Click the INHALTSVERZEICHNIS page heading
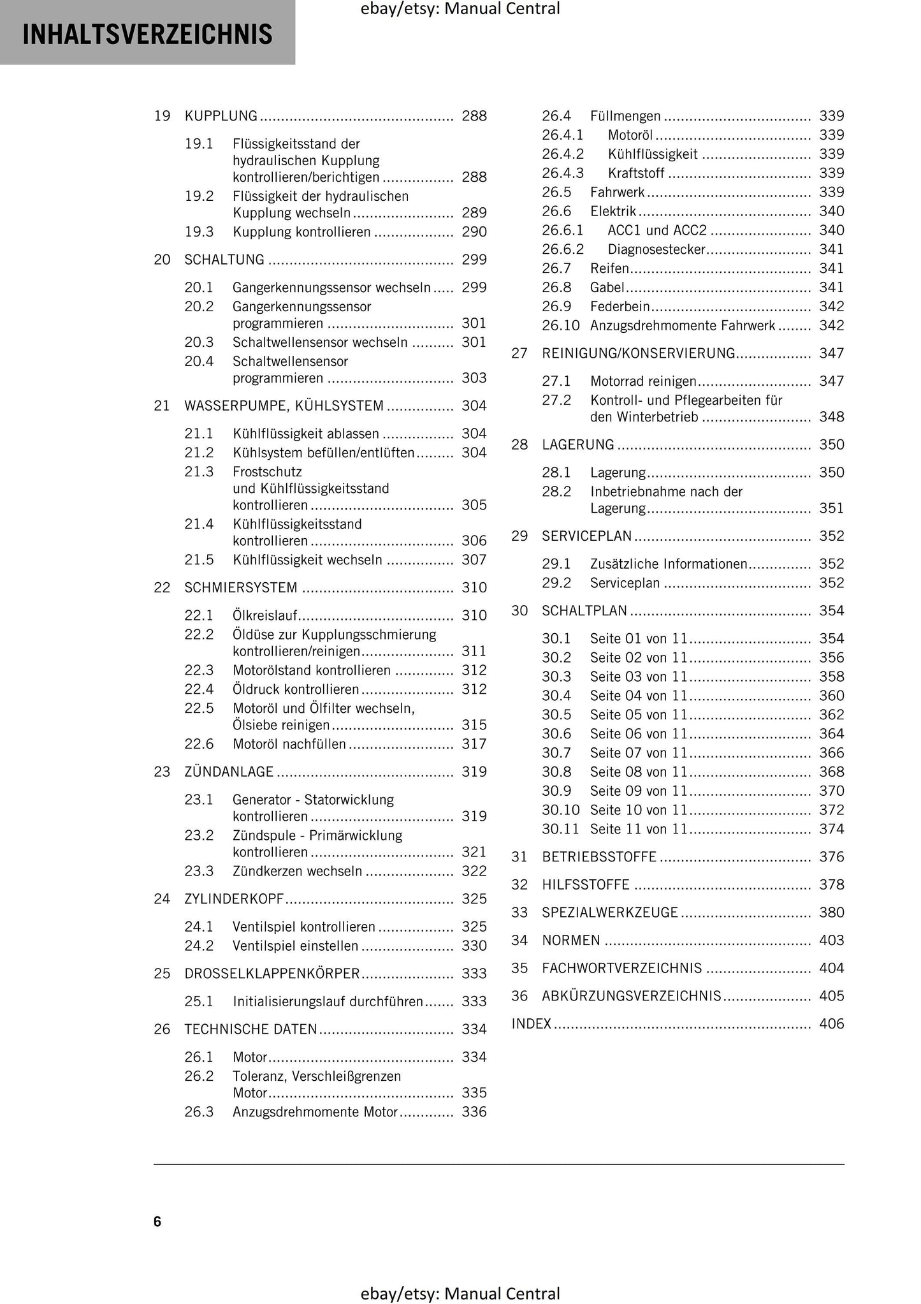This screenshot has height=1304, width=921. tap(147, 34)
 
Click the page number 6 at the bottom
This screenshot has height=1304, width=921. tap(157, 1221)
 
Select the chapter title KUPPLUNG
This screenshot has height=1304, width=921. tap(221, 116)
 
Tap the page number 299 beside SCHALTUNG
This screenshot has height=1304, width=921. tap(474, 260)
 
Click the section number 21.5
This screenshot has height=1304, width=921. tap(199, 560)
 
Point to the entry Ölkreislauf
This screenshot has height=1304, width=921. tap(265, 615)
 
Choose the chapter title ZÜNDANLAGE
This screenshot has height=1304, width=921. tap(229, 772)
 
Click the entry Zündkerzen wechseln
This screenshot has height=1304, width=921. tap(297, 871)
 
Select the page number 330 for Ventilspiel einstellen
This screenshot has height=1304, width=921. tap(474, 946)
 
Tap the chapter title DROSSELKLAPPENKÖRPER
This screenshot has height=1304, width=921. tap(272, 974)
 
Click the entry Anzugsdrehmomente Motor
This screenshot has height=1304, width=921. tap(315, 1112)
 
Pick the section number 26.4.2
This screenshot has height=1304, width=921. tap(562, 154)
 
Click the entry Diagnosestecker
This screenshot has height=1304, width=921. tap(656, 249)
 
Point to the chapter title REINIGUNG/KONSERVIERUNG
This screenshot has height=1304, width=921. tap(638, 353)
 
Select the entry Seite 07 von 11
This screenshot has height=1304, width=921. tap(639, 753)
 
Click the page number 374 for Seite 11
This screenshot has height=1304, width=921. tap(831, 829)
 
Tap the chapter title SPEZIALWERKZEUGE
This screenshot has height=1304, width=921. tap(609, 912)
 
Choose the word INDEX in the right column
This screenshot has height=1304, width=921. tap(531, 1024)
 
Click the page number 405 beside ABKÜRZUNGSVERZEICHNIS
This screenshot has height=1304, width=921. tap(831, 996)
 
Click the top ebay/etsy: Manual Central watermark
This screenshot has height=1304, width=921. tap(460, 9)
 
